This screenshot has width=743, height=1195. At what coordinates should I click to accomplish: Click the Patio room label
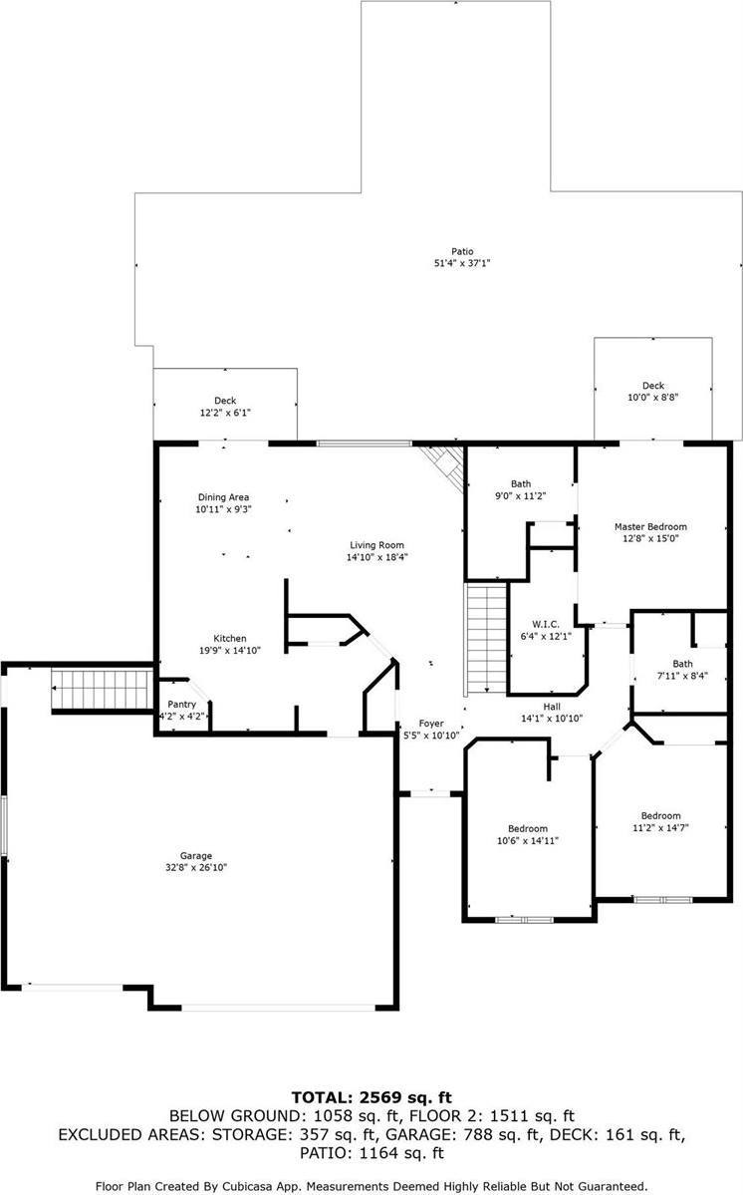(x=461, y=251)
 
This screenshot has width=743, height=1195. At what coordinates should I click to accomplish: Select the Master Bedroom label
(x=650, y=526)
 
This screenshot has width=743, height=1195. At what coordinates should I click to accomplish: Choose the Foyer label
(x=430, y=724)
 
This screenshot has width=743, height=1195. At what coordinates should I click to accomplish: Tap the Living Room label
(x=376, y=544)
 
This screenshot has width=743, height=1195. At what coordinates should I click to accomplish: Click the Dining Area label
(x=223, y=496)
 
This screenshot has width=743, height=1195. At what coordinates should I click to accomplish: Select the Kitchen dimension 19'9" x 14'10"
(x=230, y=651)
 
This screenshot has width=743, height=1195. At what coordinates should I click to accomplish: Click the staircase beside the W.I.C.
(x=486, y=638)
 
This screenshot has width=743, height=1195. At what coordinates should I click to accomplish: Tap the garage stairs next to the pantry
(x=101, y=690)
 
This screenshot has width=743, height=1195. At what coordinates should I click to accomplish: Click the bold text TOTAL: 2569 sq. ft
(x=371, y=1097)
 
